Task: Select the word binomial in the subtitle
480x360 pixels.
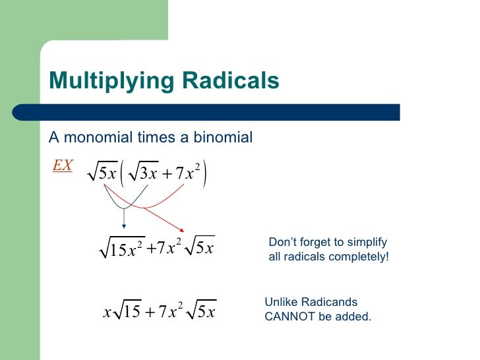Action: pyautogui.click(x=221, y=138)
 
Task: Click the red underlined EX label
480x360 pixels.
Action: pyautogui.click(x=63, y=165)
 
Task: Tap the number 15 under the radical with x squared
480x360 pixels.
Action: pyautogui.click(x=119, y=251)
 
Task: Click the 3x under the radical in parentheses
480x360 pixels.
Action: pyautogui.click(x=146, y=175)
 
